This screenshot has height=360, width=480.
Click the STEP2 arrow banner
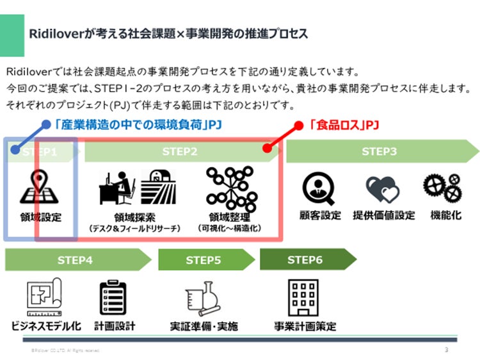[x=180, y=152]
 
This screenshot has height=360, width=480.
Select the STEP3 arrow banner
[x=380, y=152]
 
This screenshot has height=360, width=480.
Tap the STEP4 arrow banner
[x=75, y=260]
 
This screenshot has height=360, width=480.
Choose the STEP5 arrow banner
[x=203, y=260]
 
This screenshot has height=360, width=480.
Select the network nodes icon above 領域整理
[x=230, y=186]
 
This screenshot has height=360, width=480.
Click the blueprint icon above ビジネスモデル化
[x=44, y=297]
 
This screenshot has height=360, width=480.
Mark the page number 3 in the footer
[x=445, y=350]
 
